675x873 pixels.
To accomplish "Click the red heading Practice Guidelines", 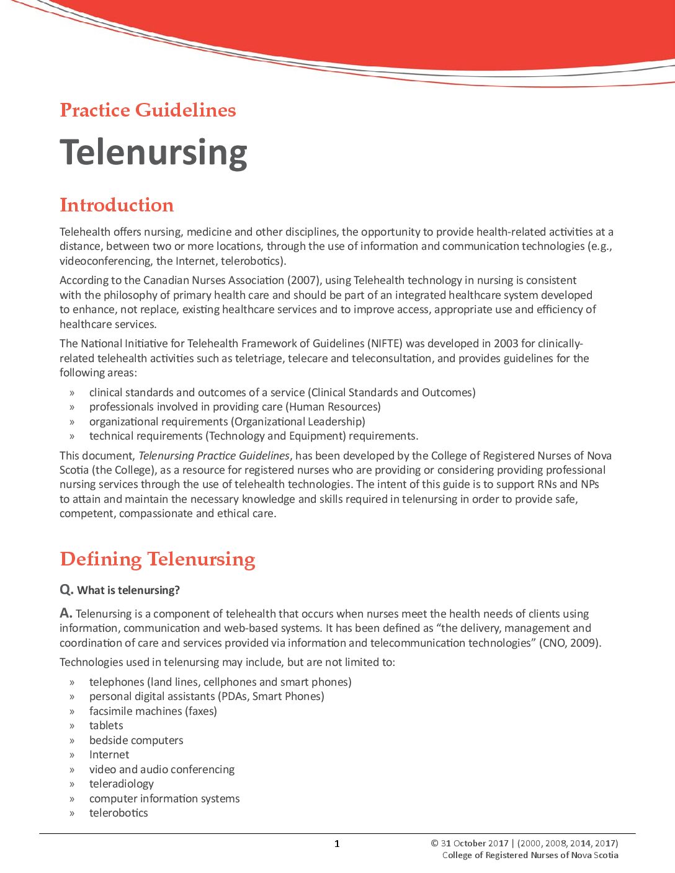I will coord(148,110).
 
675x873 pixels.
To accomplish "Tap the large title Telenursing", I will coord(153,152).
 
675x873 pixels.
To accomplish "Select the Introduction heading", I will coord(117,205).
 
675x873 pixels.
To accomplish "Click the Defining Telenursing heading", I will coord(158,559).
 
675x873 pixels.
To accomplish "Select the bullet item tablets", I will coord(106,725).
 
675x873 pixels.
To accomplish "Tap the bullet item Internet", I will coord(109,755).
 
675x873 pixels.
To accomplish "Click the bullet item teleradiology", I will coord(122,784).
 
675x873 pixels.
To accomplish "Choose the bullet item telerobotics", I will coord(118,813).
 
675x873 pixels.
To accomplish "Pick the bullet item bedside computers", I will coord(136,740).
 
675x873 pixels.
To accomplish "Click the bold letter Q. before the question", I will coord(66,590).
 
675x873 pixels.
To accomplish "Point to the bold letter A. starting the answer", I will coord(66,613).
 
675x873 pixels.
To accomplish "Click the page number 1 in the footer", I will coord(337,843).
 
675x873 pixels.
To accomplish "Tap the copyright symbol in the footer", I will coord(434,843).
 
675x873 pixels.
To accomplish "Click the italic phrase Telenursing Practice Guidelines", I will coord(214,456).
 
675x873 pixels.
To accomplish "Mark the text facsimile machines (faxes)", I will coord(153,711).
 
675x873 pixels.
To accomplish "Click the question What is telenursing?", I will coord(128,590).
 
